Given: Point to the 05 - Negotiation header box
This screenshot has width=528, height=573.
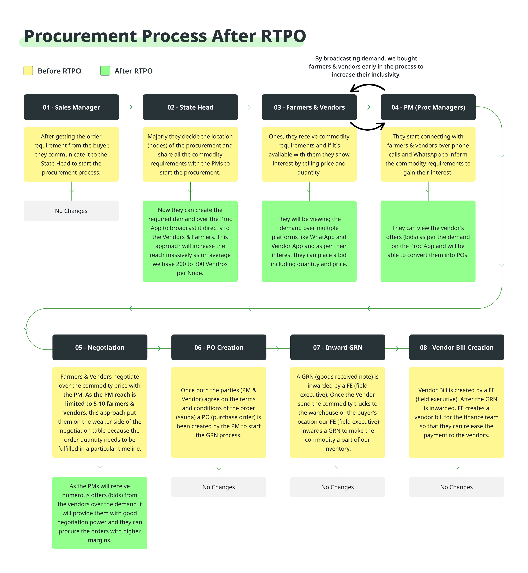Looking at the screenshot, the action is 100,347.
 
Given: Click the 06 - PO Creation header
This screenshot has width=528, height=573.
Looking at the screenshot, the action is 219,347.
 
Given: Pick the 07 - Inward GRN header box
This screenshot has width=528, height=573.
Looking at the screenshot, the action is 338,347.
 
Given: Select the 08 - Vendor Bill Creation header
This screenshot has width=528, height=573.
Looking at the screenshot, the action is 457,347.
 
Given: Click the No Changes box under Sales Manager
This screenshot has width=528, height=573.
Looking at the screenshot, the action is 71,211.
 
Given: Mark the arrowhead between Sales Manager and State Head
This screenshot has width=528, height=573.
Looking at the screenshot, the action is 131,107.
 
